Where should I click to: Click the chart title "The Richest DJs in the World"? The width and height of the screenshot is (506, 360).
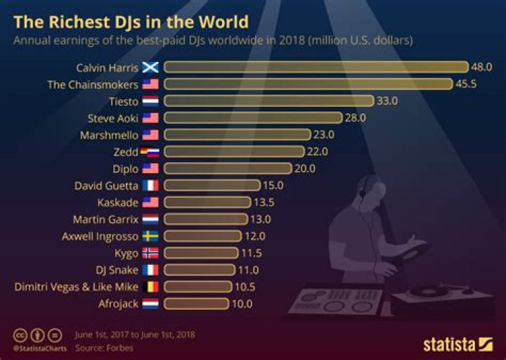click(131, 18)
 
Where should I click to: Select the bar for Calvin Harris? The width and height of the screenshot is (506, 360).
click(316, 67)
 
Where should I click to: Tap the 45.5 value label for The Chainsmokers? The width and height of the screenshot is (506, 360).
click(467, 84)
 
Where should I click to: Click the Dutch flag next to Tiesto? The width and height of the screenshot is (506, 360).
click(150, 101)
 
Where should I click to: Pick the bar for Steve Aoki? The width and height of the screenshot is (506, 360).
click(253, 117)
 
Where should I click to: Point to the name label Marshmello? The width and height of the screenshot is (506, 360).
click(110, 134)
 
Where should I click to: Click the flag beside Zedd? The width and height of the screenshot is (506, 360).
click(150, 151)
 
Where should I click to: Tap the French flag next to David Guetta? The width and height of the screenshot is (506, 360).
click(150, 186)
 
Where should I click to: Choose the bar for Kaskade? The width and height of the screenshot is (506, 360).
click(207, 202)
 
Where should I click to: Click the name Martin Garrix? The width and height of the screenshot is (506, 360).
click(105, 219)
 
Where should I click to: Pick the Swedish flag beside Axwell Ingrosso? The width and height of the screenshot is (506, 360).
click(150, 236)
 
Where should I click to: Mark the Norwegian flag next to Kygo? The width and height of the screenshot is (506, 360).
click(150, 253)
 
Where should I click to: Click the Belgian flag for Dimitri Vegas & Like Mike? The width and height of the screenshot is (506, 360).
click(150, 287)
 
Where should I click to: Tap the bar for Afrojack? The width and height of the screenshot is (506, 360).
click(197, 304)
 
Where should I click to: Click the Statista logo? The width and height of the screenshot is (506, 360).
click(458, 344)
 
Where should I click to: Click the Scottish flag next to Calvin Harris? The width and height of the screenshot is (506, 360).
click(150, 67)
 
